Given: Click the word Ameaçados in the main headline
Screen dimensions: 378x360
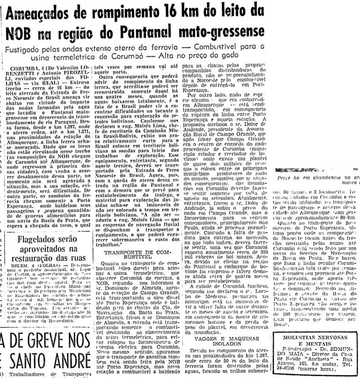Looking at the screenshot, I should tap(39, 14).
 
